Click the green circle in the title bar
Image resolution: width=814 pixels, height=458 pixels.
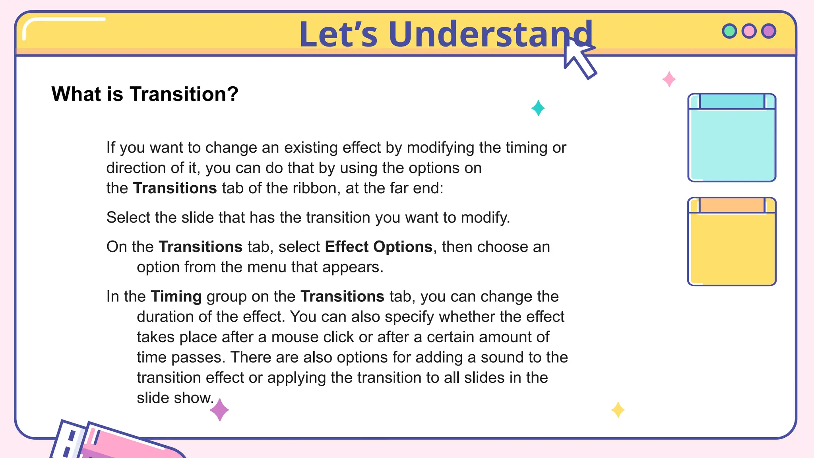pyautogui.click(x=729, y=31)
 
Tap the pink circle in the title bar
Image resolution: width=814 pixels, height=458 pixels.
pyautogui.click(x=749, y=31)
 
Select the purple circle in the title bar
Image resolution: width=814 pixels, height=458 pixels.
pyautogui.click(x=769, y=31)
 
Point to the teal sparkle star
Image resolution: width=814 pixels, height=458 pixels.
pyautogui.click(x=538, y=108)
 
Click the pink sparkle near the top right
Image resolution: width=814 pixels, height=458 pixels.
pyautogui.click(x=669, y=80)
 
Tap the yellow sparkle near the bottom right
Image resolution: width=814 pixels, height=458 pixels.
pyautogui.click(x=618, y=410)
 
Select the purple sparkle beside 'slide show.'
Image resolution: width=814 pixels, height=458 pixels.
pyautogui.click(x=219, y=410)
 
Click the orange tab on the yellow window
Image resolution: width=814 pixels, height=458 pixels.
pyautogui.click(x=732, y=205)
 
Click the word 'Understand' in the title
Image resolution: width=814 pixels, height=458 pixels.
pyautogui.click(x=490, y=35)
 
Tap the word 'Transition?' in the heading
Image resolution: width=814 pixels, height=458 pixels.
pyautogui.click(x=184, y=94)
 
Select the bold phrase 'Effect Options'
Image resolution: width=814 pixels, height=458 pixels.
pyautogui.click(x=378, y=247)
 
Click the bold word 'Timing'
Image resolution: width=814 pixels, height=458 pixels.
pyautogui.click(x=176, y=297)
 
